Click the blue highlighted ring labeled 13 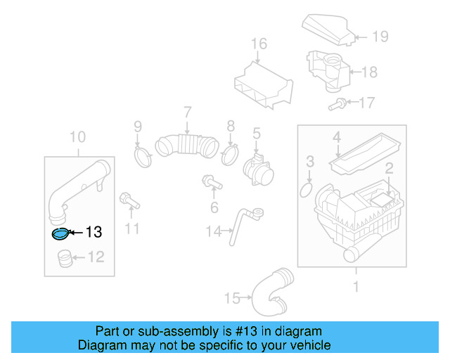coord(61,233)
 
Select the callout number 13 coord(94,233)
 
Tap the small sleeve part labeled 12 coord(64,259)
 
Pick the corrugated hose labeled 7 coord(186,145)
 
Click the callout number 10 coord(77,136)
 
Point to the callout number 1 coord(356,286)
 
